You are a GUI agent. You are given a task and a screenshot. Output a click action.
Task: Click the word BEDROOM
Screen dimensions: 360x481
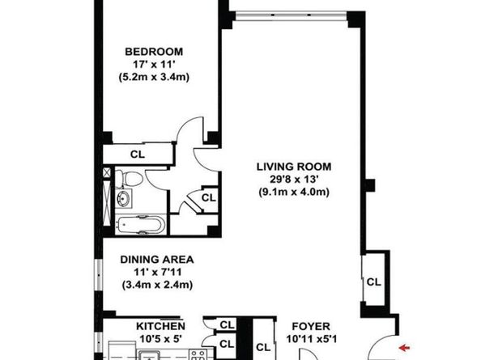[x=153, y=50]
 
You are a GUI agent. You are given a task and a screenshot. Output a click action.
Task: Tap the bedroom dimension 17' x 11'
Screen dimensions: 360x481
[x=153, y=65]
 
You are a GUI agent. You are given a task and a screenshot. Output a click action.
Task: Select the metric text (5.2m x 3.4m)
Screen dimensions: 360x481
[x=153, y=78]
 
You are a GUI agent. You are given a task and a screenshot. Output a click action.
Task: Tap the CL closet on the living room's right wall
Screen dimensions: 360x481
[x=372, y=282]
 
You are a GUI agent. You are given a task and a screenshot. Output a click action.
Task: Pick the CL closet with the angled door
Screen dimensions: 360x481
[x=207, y=197]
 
